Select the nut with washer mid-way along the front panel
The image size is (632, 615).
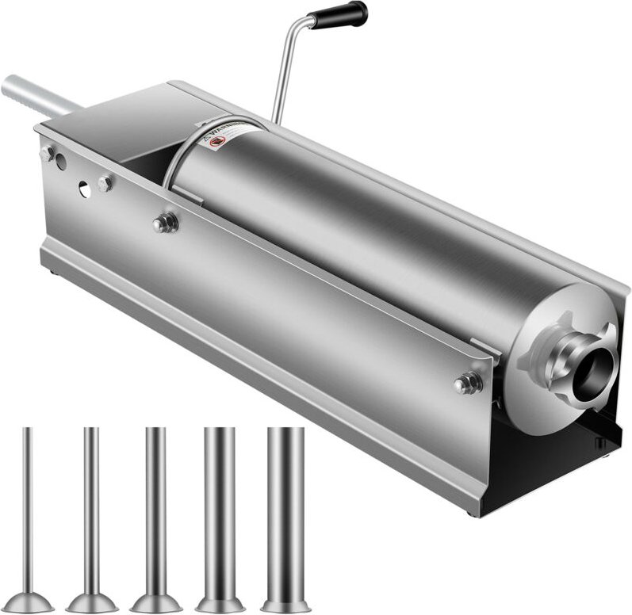165,223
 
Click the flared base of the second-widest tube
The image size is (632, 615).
220,596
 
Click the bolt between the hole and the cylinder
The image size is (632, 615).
105,184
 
